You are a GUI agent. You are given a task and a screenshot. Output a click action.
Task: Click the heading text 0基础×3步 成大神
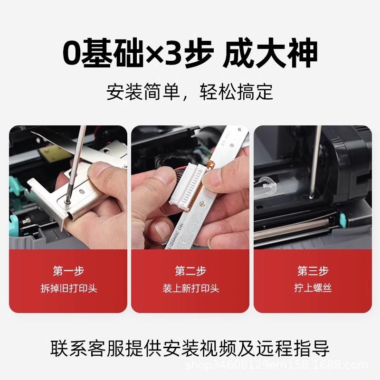(190, 54)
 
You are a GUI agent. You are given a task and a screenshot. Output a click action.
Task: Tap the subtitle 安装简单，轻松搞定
(190, 92)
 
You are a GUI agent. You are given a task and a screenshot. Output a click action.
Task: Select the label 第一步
(68, 271)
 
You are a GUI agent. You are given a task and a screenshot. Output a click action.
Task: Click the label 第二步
(190, 271)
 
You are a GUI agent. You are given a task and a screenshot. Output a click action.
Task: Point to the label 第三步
(313, 271)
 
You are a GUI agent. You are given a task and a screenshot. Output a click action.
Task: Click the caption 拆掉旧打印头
(68, 288)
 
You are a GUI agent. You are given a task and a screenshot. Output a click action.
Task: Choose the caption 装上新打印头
(190, 288)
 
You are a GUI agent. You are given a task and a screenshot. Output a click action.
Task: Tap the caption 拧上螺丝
(313, 288)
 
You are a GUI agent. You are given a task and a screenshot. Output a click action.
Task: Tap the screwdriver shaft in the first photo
(76, 161)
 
